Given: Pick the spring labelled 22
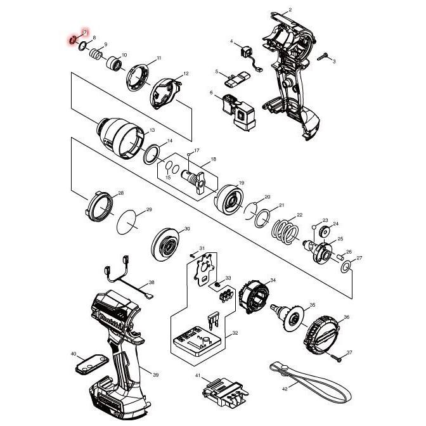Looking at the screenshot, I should tap(287, 229).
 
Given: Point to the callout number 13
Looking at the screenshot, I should tap(152, 131).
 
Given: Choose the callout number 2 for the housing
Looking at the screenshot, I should tap(290, 10).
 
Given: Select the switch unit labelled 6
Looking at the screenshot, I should tap(237, 110).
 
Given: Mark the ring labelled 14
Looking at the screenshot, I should tap(152, 153).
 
